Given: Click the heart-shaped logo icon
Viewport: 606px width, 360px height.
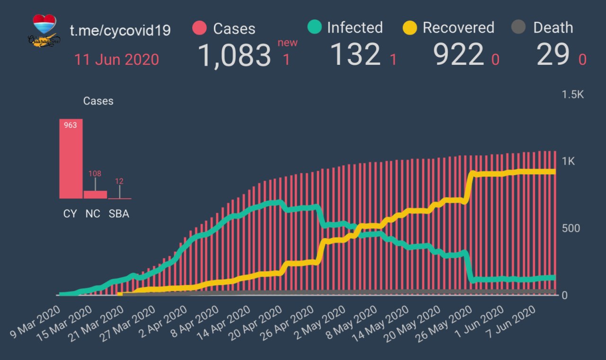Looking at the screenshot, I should pos(45,24).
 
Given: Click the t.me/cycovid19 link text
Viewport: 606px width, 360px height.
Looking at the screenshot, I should pos(120,30).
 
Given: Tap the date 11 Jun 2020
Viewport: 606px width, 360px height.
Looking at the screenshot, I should pos(116,60).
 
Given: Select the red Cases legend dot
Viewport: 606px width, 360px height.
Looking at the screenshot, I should pos(200,28).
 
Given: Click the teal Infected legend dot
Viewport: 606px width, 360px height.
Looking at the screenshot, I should pos(314,27).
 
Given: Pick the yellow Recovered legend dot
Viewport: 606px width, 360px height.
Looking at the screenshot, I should pos(410,27).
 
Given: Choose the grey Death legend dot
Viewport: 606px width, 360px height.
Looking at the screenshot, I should pos(519,27).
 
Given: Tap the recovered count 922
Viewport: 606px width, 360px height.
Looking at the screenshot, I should pos(459,55).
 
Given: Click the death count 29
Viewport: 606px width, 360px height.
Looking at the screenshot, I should pos(553,55).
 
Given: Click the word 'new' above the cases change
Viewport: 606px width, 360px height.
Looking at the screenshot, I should pos(287,43).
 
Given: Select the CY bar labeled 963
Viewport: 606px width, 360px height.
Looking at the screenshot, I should pos(71,159).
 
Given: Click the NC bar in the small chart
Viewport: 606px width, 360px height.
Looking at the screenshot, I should pos(95,194).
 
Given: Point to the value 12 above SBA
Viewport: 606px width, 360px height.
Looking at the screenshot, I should pos(119,181).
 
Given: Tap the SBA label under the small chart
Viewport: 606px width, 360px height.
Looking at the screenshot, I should pos(119,214).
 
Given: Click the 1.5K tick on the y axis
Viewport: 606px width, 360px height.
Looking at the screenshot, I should pos(573,95).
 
